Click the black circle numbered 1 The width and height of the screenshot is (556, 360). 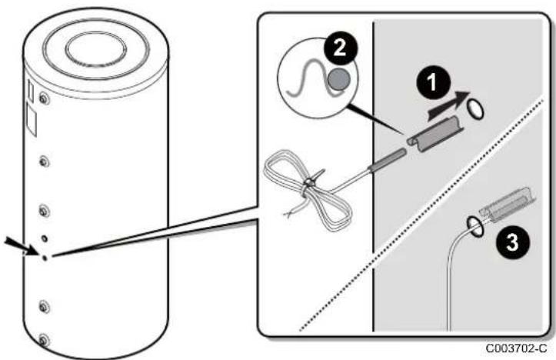tap(432, 82)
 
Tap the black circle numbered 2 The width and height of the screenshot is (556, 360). tap(340, 48)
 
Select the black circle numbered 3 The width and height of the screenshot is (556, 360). tap(512, 242)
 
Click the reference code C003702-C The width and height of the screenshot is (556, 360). tap(517, 348)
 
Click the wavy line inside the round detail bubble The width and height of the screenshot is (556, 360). tap(312, 80)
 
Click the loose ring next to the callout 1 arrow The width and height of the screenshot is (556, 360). tap(474, 109)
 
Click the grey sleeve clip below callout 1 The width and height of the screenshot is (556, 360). tap(435, 132)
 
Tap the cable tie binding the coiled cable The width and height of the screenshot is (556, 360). tap(311, 180)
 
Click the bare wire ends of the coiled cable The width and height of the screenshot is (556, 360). tap(291, 212)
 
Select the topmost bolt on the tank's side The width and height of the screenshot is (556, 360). tap(44, 98)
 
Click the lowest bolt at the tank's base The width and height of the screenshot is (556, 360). tap(43, 341)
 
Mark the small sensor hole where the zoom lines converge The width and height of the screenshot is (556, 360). tap(45, 258)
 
